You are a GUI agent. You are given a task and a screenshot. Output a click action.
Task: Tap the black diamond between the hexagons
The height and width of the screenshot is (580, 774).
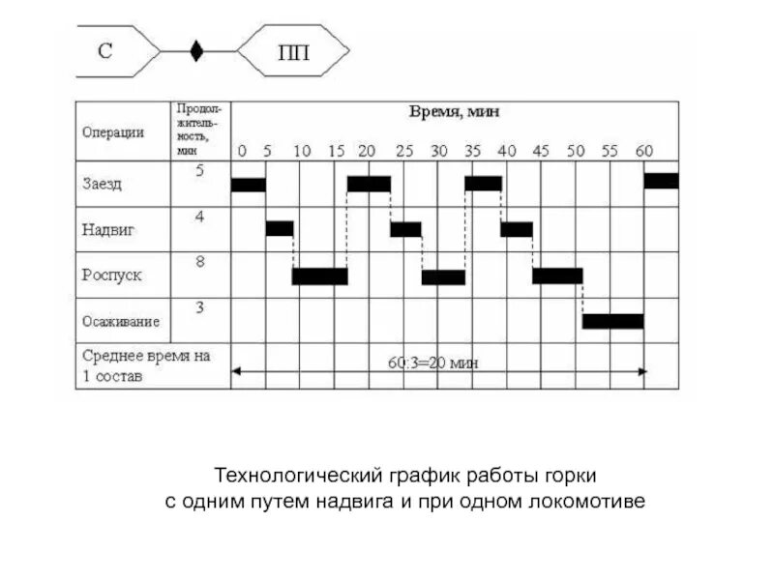pyautogui.click(x=196, y=51)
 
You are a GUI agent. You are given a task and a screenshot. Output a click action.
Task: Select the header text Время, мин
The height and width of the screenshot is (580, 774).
pyautogui.click(x=454, y=112)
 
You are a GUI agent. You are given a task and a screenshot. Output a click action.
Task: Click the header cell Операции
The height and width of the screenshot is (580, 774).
pyautogui.click(x=113, y=132)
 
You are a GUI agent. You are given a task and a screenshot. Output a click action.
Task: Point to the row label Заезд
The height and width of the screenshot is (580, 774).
pyautogui.click(x=102, y=183)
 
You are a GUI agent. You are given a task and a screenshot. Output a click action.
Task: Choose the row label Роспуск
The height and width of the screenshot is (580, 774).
pyautogui.click(x=111, y=275)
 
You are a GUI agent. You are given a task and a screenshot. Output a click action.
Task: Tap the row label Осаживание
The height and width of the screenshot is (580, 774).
pyautogui.click(x=121, y=321)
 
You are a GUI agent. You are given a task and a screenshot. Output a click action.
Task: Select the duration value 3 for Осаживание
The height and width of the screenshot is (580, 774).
pyautogui.click(x=199, y=307)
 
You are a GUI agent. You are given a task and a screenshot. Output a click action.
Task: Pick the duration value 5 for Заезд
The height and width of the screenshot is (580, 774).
pyautogui.click(x=199, y=171)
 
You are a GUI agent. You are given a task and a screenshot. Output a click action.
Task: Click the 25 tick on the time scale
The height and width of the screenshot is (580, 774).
pyautogui.click(x=403, y=151)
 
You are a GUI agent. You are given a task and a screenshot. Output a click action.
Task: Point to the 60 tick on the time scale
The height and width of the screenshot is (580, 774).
pyautogui.click(x=643, y=151)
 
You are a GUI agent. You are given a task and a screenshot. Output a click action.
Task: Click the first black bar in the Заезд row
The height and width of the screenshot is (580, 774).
pyautogui.click(x=248, y=184)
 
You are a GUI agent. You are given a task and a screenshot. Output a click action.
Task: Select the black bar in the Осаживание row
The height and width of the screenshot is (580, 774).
pyautogui.click(x=612, y=321)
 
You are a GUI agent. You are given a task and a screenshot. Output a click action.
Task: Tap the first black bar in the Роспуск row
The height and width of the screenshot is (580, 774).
pyautogui.click(x=319, y=276)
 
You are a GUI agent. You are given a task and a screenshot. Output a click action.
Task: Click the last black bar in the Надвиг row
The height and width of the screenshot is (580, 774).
pyautogui.click(x=517, y=229)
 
